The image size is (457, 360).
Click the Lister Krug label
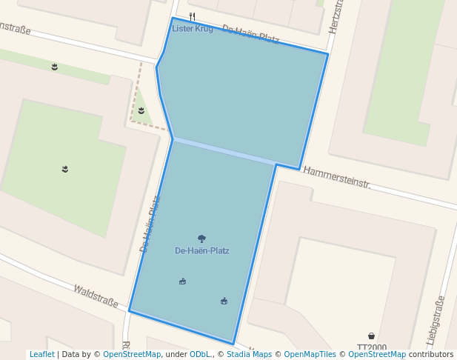coord(192,29)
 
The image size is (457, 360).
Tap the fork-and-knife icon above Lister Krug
coord(193,16)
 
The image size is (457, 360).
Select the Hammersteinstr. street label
coord(336,178)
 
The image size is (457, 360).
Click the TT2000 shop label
coord(371,347)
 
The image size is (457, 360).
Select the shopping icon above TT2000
coord(371,336)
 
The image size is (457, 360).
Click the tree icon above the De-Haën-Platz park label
coord(201,239)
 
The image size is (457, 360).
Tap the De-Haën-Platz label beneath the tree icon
coord(201,251)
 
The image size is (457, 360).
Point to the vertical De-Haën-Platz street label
coord(150,224)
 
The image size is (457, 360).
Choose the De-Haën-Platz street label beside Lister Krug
coord(250,34)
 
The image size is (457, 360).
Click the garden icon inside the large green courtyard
coord(65,169)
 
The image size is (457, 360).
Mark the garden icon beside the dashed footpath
coord(141,110)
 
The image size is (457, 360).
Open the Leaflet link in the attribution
coord(41,355)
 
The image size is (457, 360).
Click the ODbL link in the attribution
coord(199,355)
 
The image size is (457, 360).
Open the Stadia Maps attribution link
coord(250,355)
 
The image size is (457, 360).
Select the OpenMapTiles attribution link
coord(310,355)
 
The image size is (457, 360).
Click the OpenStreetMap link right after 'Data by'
coord(132,355)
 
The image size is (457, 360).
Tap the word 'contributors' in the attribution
coord(431,355)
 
